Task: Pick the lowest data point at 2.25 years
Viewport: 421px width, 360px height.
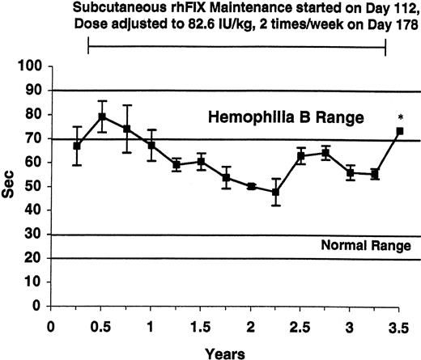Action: (x=275, y=193)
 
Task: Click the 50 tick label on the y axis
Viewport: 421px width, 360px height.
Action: (x=34, y=186)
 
